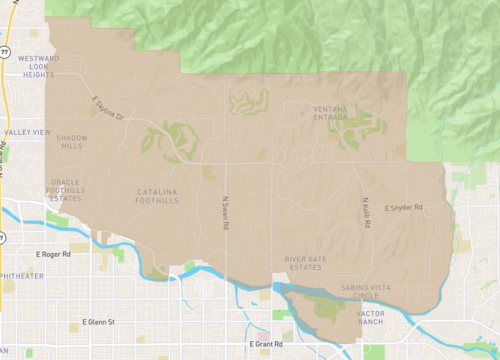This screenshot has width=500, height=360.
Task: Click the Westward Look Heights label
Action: click(33, 65)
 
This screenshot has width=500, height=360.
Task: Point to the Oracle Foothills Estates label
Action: click(68, 188)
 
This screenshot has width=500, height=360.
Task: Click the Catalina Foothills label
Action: click(157, 196)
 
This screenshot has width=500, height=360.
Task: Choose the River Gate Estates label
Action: click(306, 263)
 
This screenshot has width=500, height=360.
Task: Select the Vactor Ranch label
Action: click(369, 318)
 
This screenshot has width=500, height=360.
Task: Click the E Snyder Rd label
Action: click(404, 208)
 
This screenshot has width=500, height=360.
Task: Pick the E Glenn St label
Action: click(99, 322)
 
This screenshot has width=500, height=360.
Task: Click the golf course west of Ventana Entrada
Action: click(249, 102)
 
